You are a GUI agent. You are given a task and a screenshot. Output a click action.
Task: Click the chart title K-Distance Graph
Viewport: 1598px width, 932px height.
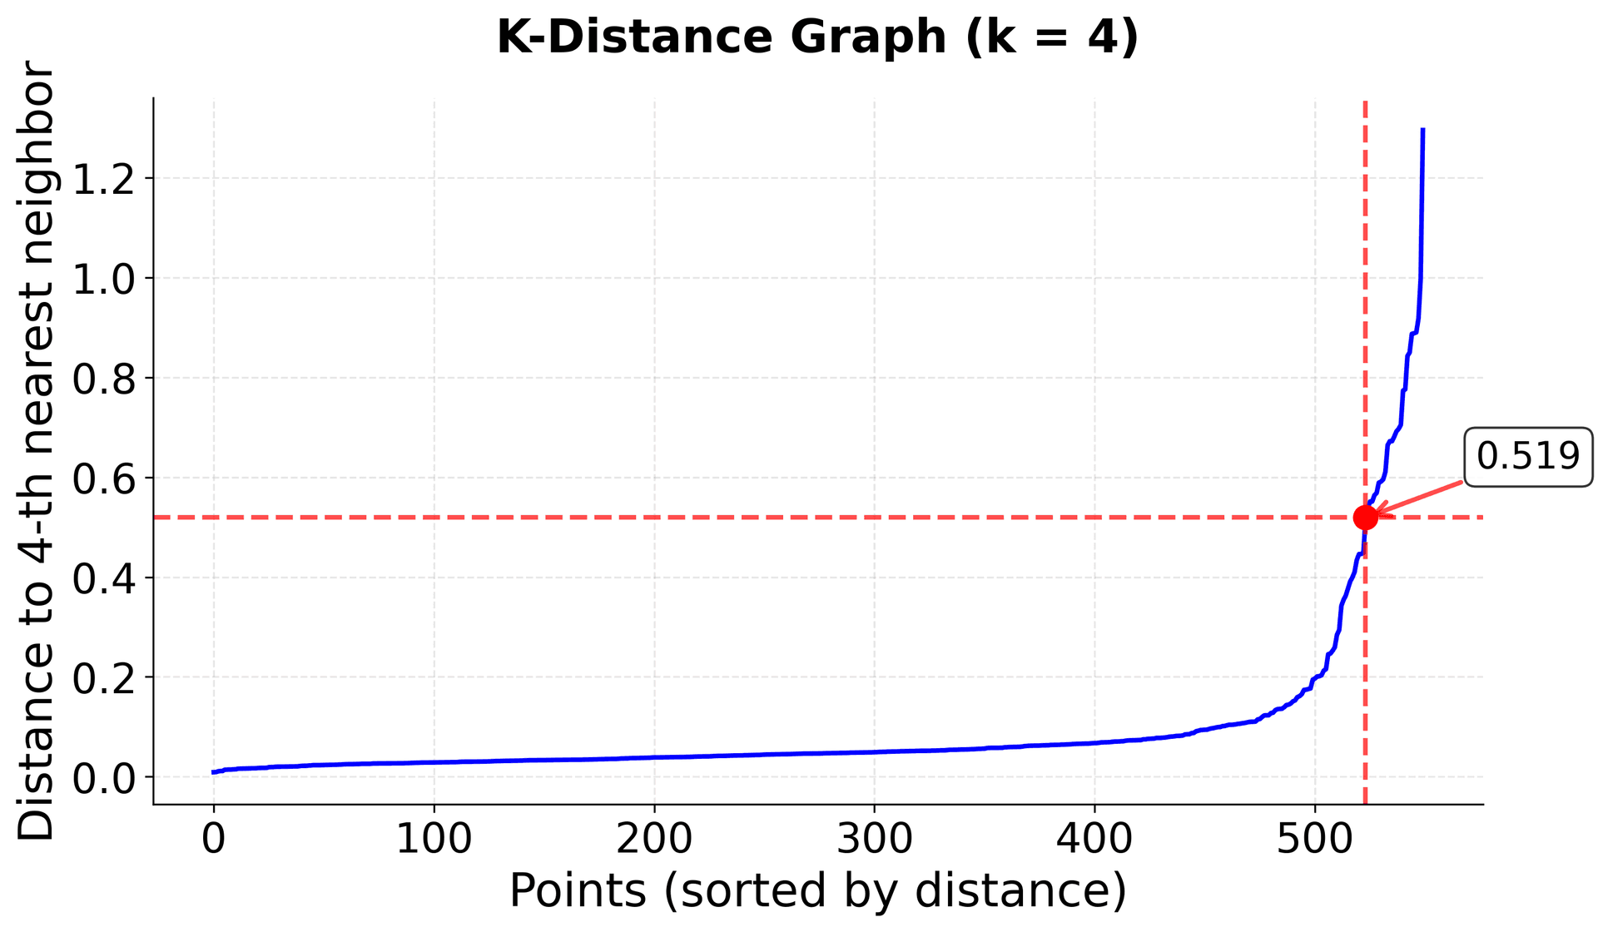817,38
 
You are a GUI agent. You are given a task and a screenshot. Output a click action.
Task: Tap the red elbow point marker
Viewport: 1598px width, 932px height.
1365,518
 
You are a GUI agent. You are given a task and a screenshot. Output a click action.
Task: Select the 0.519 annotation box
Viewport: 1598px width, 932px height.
1527,457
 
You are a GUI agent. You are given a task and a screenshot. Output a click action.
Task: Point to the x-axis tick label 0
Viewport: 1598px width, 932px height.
214,839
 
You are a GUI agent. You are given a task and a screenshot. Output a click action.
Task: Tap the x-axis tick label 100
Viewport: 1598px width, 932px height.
434,839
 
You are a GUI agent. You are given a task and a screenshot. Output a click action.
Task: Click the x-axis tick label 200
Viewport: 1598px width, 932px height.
654,839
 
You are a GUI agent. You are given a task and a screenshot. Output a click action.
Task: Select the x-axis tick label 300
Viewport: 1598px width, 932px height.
874,839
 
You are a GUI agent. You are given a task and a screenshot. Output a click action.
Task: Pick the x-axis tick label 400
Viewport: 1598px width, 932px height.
1094,839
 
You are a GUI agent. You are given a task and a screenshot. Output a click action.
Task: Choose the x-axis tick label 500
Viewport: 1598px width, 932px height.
1314,839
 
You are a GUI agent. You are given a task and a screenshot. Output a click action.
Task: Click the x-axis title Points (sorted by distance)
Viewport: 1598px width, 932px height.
817,890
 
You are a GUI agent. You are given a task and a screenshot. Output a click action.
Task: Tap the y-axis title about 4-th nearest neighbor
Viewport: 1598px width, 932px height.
37,454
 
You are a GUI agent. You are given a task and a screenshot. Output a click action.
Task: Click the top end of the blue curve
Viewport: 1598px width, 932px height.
1423,130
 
